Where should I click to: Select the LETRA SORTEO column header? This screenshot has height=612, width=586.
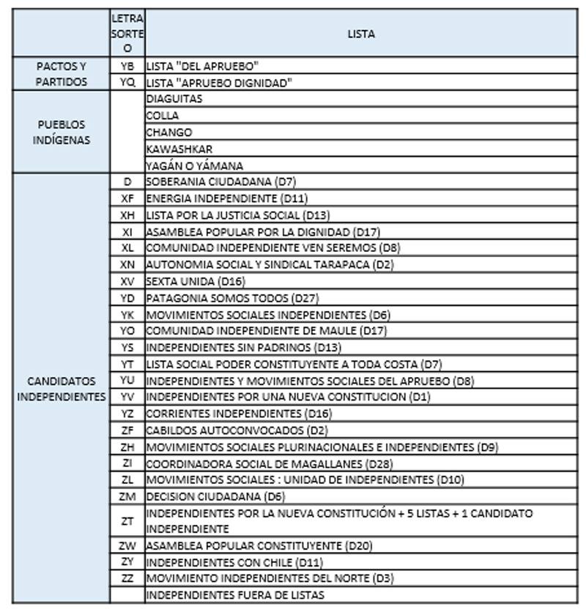tap(127, 34)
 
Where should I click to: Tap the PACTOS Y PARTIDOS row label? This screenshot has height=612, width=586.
tap(62, 74)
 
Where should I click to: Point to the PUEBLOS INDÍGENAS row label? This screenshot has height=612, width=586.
tap(62, 132)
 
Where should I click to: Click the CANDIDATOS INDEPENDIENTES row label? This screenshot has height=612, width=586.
tap(62, 389)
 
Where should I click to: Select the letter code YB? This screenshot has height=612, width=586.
tap(127, 66)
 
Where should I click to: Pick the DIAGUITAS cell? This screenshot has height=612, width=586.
tap(174, 99)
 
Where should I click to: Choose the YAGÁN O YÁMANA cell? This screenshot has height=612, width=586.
tap(194, 165)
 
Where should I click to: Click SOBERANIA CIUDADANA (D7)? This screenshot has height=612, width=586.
tap(220, 181)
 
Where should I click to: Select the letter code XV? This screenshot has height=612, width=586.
tap(127, 281)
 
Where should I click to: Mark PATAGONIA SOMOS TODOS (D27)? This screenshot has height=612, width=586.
tap(232, 298)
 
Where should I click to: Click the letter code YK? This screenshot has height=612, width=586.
tap(127, 315)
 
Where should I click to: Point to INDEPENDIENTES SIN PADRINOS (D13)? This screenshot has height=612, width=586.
tap(243, 348)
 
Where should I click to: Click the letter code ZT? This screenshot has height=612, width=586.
tap(127, 521)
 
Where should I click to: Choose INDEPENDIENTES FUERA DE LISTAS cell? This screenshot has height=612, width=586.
tap(234, 595)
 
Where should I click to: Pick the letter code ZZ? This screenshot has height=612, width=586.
tap(127, 578)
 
